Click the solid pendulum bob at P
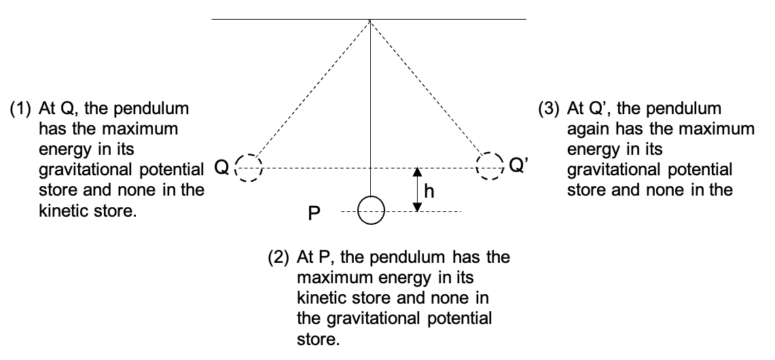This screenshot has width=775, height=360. click(x=371, y=211)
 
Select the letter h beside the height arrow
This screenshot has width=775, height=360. click(x=429, y=191)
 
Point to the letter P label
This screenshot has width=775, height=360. click(x=314, y=214)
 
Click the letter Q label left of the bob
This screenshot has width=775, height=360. click(x=222, y=168)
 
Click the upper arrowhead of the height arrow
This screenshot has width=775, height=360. click(x=418, y=172)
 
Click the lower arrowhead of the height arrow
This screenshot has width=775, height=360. click(x=418, y=206)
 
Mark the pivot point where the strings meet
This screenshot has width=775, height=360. click(x=370, y=20)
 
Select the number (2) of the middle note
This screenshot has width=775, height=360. click(x=278, y=257)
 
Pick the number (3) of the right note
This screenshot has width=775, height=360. click(x=548, y=109)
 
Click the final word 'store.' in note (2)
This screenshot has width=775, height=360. click(x=319, y=340)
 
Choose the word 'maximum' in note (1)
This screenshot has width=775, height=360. click(x=140, y=129)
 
